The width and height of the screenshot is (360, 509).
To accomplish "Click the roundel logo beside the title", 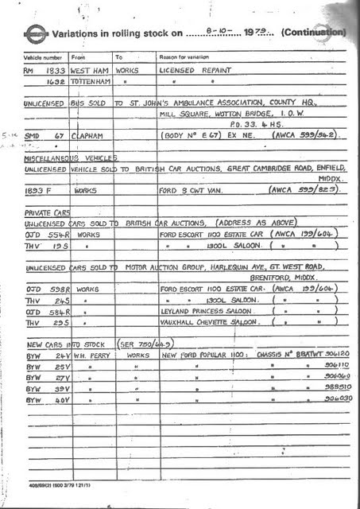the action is click(34, 34).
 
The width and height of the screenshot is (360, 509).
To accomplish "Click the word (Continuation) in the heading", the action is click(313, 34).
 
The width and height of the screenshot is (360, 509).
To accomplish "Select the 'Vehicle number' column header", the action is click(41, 57).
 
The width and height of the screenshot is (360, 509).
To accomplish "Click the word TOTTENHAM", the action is click(92, 81).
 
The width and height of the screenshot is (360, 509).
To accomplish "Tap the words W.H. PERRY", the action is click(92, 356).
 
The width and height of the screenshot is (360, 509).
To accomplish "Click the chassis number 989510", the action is click(327, 388).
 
